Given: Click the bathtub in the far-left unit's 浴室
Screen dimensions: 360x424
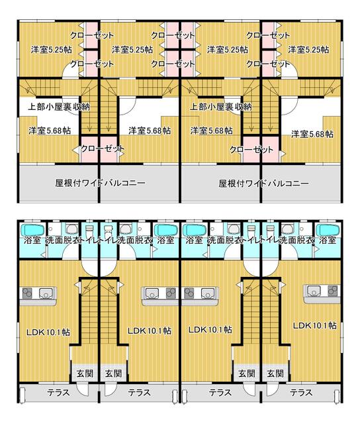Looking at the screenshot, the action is tap(32, 230).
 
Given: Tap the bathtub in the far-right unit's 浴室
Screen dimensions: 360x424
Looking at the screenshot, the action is tap(328, 230).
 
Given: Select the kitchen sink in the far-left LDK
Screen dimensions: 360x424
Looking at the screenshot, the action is tap(46, 293).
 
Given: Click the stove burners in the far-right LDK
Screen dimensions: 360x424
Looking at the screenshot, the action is tap(334, 290).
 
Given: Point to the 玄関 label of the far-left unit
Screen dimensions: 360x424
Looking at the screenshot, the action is tap(85, 374).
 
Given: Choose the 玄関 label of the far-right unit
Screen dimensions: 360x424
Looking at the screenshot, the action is tap(275, 374).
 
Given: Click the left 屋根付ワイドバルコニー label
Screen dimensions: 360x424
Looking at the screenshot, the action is tap(100, 183).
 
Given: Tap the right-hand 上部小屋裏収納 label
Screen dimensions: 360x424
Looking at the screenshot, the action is tap(221, 107).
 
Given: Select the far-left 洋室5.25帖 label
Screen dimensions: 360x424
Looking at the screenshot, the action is tap(51, 50).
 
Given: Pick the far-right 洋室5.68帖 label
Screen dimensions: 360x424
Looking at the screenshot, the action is tap(312, 134).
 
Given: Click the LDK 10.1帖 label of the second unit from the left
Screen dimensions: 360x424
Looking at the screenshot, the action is tap(150, 331).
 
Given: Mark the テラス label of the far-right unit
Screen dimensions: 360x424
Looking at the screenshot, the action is tap(301, 392).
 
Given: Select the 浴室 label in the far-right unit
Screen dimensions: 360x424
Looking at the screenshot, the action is tap(328, 240).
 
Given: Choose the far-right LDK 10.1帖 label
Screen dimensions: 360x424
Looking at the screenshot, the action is tap(315, 325).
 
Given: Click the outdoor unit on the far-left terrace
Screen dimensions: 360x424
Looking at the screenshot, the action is tap(22, 395).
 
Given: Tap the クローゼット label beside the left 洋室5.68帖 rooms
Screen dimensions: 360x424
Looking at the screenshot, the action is tap(103, 148).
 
